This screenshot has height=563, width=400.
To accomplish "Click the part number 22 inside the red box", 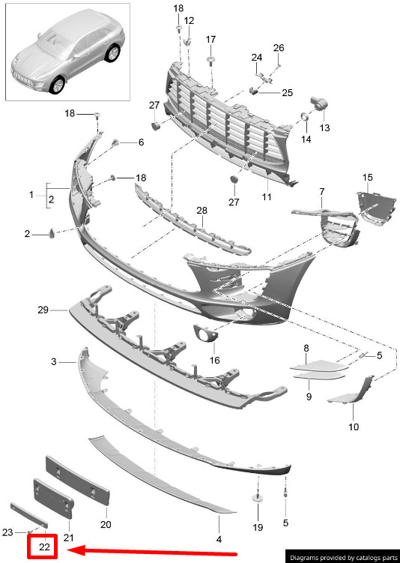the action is click(x=44, y=547).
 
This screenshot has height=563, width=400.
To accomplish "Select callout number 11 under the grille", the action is click(x=267, y=196).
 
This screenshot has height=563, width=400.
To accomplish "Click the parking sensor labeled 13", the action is click(x=318, y=103).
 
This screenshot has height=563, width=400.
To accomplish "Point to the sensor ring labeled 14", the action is click(x=304, y=117).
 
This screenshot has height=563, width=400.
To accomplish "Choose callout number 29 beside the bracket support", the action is click(x=43, y=310).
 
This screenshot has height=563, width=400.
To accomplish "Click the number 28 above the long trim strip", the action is click(x=202, y=211).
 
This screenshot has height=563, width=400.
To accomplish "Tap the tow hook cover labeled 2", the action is click(x=52, y=233).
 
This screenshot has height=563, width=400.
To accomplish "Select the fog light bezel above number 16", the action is click(x=205, y=332).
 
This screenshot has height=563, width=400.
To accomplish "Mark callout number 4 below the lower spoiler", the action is click(x=219, y=538).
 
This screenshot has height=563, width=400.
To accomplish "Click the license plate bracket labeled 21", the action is click(x=53, y=498).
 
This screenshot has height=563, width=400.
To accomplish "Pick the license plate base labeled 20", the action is click(x=76, y=481).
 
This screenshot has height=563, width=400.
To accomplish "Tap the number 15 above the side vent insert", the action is click(x=367, y=178).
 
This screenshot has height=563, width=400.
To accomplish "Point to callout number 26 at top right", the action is click(x=279, y=48).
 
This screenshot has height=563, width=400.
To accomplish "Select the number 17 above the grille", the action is click(x=210, y=39).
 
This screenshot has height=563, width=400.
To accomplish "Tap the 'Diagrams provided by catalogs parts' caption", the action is click(x=344, y=558).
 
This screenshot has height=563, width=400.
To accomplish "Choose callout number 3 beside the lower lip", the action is click(x=54, y=361).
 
